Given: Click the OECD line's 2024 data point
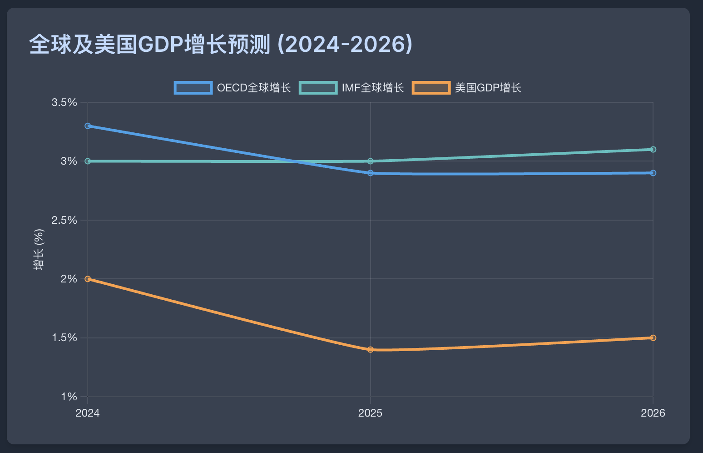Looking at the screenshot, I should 88,126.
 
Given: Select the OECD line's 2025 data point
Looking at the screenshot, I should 371,173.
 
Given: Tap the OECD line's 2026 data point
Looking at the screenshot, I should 653,173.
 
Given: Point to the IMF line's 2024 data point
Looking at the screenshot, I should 88,161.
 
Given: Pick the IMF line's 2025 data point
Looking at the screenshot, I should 371,161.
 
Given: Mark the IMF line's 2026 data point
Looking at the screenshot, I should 653,150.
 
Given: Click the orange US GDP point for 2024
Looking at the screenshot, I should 88,279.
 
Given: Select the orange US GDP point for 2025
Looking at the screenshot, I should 371,350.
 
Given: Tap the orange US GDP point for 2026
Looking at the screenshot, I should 653,338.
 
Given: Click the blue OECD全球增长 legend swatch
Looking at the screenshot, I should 193,88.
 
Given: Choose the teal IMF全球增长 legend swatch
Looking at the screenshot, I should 318,88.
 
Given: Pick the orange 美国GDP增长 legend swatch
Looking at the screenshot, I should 431,88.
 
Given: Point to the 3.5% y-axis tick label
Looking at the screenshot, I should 64,102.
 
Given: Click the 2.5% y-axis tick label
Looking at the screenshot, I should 64,220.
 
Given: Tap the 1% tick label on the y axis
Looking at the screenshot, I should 69,397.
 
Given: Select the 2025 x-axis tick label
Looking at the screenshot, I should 371,413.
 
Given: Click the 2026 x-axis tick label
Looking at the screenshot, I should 653,413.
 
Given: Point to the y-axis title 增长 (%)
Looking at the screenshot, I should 39,249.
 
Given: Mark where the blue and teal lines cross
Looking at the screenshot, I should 296,161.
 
